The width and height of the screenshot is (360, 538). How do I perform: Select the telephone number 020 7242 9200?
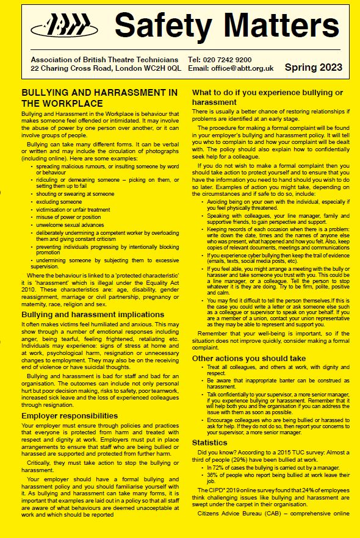point(229,60)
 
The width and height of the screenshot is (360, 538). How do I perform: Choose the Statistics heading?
point(209,442)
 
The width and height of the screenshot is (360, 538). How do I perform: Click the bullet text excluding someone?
point(59,202)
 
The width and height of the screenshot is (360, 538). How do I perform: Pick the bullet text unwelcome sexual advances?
point(70,224)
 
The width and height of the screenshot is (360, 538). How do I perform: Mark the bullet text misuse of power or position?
point(68,217)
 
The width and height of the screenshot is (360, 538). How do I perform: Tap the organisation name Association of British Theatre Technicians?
point(104,60)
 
